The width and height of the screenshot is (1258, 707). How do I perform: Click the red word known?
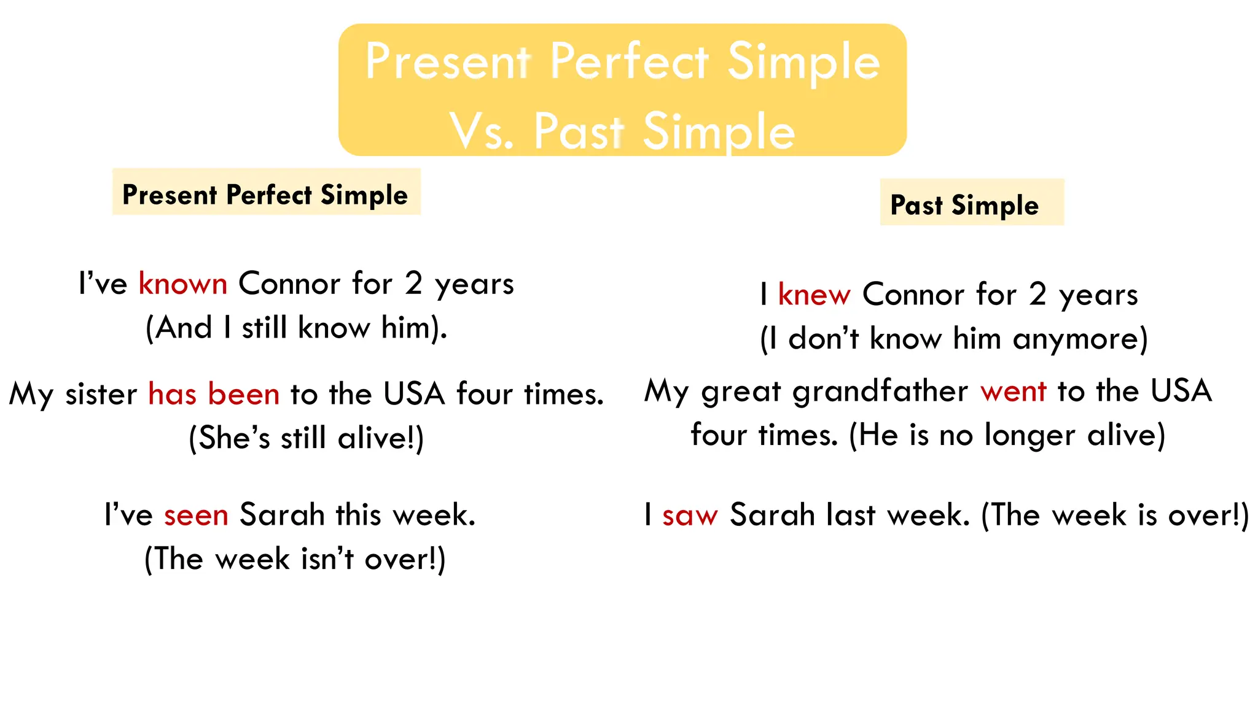coord(183,284)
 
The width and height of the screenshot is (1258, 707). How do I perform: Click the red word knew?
coord(814,295)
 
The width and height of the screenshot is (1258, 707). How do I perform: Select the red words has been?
coord(214,394)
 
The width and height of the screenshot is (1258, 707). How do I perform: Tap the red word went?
coord(1013,392)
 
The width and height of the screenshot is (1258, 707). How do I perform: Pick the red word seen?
coord(196,515)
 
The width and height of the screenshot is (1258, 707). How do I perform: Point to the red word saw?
coord(690,515)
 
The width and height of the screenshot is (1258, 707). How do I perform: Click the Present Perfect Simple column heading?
coord(265,195)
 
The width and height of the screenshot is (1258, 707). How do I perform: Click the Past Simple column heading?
coord(964,205)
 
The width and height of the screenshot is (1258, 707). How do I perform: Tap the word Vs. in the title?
coord(481,131)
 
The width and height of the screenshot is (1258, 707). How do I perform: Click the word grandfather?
coord(880,392)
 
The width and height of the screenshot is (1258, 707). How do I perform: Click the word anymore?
coord(1080,339)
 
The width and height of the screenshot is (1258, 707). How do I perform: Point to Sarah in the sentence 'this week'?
coord(282,515)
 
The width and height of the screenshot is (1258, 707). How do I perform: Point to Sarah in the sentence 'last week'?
coord(772,515)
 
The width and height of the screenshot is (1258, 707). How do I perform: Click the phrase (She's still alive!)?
coord(306,438)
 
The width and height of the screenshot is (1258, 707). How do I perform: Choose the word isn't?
coord(327,559)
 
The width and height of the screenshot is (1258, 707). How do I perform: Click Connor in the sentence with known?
coord(289,284)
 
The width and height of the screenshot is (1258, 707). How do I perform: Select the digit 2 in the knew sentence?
coord(1037,295)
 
